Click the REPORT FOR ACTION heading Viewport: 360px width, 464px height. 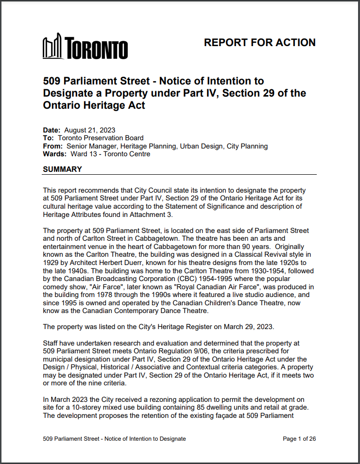tap(259, 43)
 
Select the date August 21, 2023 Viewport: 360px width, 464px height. tap(89, 130)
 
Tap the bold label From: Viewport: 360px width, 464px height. tap(52, 146)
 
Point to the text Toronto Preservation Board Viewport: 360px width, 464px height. tap(100, 138)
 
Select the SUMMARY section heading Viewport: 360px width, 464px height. tap(63, 169)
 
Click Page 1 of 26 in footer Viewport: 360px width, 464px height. tap(299, 439)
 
